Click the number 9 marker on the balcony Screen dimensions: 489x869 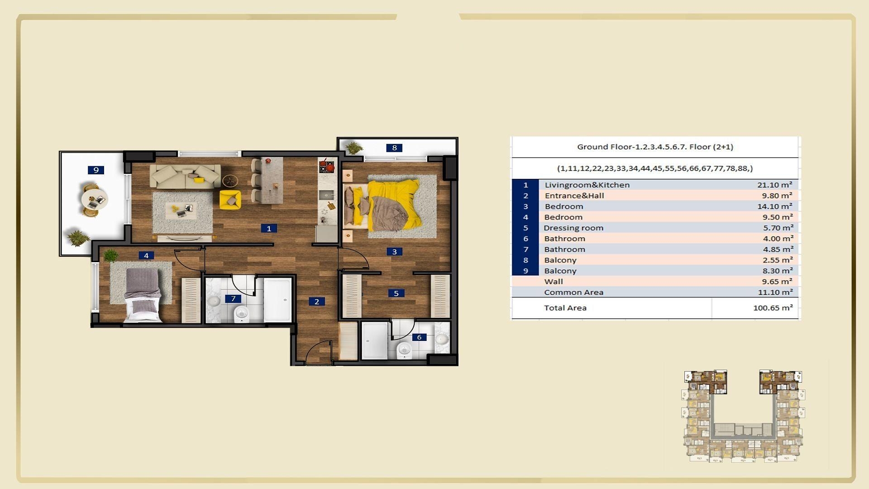(96, 170)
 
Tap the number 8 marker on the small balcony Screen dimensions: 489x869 (394, 148)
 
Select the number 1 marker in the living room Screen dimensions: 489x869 (269, 229)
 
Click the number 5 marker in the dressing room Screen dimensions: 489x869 (396, 293)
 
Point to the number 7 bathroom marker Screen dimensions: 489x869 (233, 298)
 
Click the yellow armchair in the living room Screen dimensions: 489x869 (230, 200)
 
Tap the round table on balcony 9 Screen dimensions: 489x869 (94, 200)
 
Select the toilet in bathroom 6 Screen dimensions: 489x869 (404, 350)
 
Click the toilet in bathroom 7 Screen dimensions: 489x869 (242, 313)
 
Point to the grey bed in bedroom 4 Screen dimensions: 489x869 (143, 294)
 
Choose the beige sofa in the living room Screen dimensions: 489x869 (185, 177)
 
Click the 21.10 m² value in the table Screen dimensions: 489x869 (774, 185)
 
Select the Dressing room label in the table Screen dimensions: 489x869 (573, 228)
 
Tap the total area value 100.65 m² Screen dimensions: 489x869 (773, 308)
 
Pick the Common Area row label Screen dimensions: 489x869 (573, 292)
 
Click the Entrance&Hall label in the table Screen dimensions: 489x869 (574, 196)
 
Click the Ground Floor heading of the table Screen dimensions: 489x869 (655, 147)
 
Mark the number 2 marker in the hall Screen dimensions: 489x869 (317, 302)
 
